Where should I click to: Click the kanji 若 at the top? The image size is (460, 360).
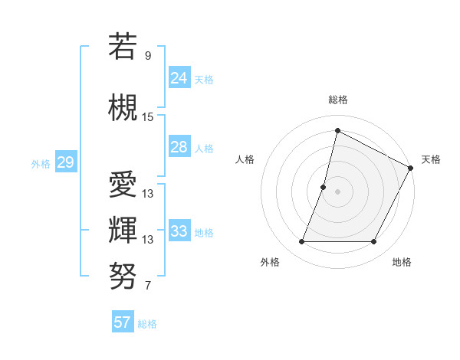pos(123,46)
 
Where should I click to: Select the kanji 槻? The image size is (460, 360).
pos(123,106)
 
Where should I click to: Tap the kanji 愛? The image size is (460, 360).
pos(123,184)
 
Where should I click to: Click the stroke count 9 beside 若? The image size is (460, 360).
pos(148,55)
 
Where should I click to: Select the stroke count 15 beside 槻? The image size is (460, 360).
pos(148,117)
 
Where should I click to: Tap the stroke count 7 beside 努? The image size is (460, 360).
pos(148,286)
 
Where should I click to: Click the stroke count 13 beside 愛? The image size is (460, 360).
pos(148,194)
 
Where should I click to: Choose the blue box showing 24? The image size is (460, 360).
pos(179,77)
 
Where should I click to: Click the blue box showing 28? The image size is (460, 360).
pos(179,147)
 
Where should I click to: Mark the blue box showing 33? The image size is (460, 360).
pos(179,231)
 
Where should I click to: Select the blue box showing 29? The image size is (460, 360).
pos(65,162)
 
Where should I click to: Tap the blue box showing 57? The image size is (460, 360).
pos(122,322)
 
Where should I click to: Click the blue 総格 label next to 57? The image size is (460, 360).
pos(147,324)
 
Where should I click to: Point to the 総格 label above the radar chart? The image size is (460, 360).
pos(337,100)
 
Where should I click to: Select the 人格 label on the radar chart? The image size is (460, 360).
pos(245,159)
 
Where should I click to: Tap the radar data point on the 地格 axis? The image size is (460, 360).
pos(373,241)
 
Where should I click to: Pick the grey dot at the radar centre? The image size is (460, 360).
pos(337,191)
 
